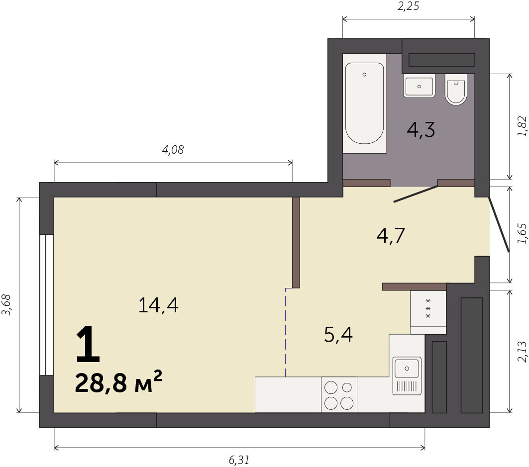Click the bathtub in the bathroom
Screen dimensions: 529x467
[364, 103]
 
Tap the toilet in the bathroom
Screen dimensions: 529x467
[456, 90]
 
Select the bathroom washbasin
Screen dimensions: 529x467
[419, 86]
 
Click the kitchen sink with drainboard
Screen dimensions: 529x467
[407, 375]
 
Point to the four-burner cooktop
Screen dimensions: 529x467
[339, 394]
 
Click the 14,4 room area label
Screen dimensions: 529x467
[158, 305]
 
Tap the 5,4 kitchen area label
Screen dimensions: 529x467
[338, 335]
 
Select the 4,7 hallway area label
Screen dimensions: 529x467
[390, 236]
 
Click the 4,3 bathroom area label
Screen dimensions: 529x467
[421, 130]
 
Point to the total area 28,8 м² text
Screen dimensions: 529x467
[118, 382]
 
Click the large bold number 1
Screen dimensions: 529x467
[89, 344]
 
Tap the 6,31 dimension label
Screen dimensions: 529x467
[239, 460]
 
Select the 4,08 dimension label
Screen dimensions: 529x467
[173, 150]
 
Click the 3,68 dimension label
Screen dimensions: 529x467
[6, 305]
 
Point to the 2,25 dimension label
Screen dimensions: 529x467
[408, 6]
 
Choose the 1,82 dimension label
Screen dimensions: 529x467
[522, 126]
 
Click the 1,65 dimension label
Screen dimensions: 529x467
[522, 233]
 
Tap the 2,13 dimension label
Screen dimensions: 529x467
[522, 352]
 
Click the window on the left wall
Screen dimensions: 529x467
[47, 305]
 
